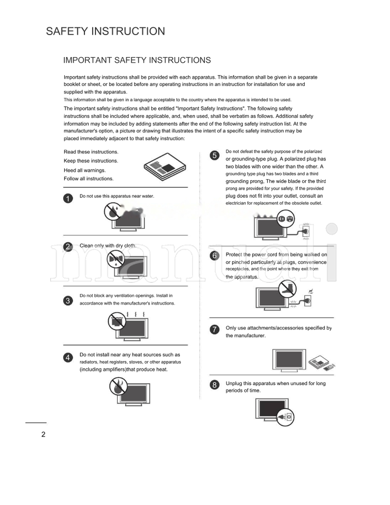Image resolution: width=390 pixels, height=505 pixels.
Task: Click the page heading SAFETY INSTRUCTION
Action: click(105, 32)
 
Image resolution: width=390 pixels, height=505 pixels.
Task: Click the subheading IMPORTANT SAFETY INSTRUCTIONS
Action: click(137, 60)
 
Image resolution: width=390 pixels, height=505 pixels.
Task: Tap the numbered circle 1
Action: click(68, 198)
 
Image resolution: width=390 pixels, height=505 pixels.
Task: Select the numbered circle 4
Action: click(68, 358)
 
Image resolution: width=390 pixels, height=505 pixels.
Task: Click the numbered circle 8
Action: click(214, 386)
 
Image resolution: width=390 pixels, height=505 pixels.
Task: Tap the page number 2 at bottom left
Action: click(43, 435)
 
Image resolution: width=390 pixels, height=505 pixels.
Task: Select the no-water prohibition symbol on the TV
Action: click(113, 212)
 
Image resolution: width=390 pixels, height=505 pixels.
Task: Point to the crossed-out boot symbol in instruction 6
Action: click(288, 289)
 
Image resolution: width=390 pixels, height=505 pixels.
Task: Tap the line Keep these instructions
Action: click(91, 161)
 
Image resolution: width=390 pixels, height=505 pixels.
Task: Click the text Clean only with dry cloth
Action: click(108, 246)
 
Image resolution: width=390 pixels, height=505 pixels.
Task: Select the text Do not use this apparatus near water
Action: click(117, 196)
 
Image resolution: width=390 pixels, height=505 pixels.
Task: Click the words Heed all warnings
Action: click(85, 171)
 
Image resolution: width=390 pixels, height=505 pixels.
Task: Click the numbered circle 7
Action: click(214, 330)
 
